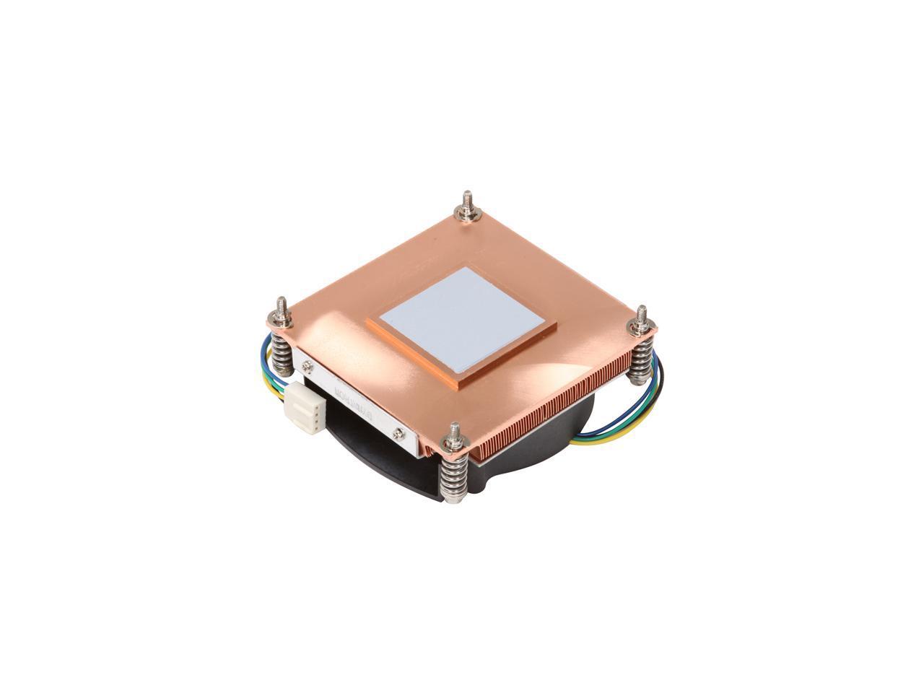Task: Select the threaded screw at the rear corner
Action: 463,201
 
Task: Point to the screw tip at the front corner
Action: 453,432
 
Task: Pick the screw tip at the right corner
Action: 642,314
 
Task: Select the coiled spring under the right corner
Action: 640,361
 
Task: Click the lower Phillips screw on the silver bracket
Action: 398,433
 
